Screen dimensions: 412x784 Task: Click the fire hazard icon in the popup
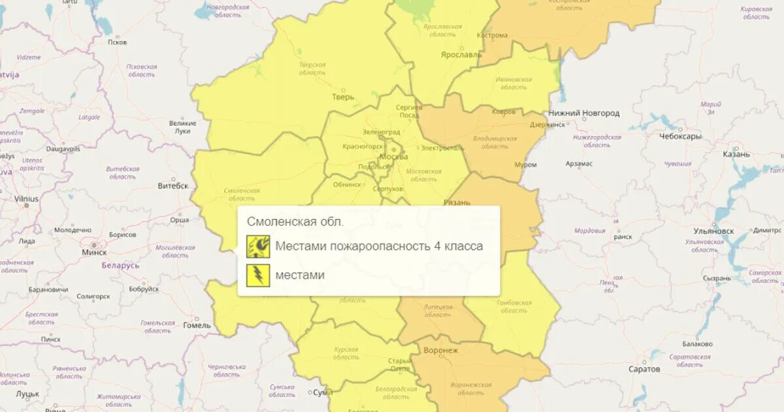pos(258,247)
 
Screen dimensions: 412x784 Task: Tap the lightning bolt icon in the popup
pos(258,275)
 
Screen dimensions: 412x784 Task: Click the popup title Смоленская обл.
pos(295,222)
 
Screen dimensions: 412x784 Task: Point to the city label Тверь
pos(343,97)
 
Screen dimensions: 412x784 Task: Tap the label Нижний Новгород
pos(583,113)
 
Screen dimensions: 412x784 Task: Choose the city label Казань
pos(736,154)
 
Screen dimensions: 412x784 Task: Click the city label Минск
pos(94,252)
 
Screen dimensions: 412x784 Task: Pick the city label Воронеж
pos(441,351)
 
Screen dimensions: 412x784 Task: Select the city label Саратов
pos(645,369)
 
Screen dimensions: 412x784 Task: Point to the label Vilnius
pos(26,199)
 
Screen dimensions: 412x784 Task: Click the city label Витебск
pos(172,186)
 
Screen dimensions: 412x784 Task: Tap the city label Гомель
pos(197,325)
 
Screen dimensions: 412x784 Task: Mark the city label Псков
pos(117,43)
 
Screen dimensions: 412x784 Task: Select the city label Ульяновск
pos(714,231)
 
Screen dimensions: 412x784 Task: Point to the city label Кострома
pos(492,35)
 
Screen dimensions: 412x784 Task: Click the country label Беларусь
pos(120,266)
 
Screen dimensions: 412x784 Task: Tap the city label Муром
pos(525,165)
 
